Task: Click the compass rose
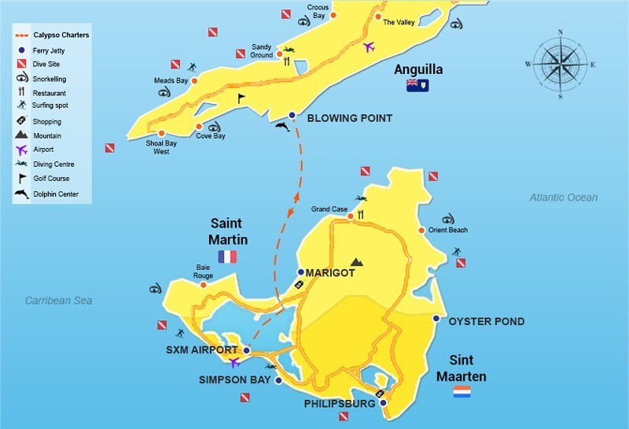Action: coord(560,64)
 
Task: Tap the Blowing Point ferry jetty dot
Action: coord(292,116)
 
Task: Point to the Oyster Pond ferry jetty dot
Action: coord(436,318)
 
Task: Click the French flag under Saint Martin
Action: coord(227,257)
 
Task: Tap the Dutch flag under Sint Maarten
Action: coord(462,391)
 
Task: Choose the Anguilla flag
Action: coord(417,85)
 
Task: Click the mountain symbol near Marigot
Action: coord(357,261)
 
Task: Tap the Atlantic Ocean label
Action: coord(563,198)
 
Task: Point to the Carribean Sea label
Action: coord(59,300)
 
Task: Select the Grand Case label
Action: coord(329,209)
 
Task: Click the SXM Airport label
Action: coord(202,349)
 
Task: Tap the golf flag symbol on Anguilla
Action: coord(241,98)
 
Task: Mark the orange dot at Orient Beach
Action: coord(422,231)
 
